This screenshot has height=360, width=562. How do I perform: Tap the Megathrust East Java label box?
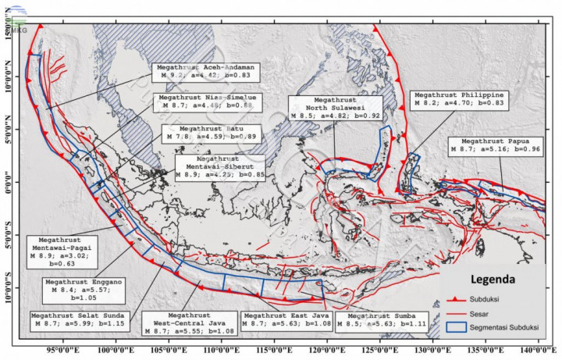[288, 319]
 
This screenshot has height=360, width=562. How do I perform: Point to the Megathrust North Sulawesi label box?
[335, 106]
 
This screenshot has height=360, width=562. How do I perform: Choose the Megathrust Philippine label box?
[458, 98]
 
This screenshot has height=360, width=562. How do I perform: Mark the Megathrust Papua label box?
[496, 145]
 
